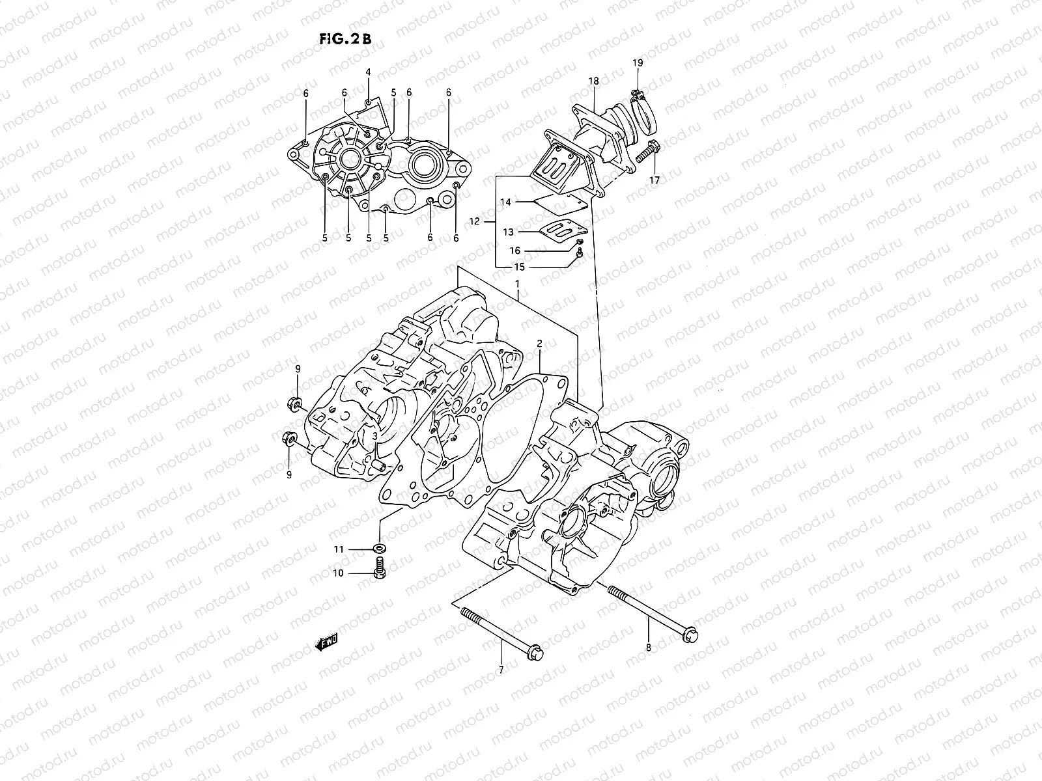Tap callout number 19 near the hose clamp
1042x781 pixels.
638,62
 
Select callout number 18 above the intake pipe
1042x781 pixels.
593,81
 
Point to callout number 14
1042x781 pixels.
505,202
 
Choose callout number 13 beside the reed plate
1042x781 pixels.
508,232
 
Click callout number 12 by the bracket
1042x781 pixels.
475,222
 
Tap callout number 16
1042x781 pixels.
514,251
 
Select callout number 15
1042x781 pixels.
519,267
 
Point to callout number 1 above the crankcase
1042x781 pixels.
517,284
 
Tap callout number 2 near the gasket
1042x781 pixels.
539,342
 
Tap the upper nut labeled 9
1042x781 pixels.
294,404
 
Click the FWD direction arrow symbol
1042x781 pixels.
325,644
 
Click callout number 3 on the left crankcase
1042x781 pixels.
374,436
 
